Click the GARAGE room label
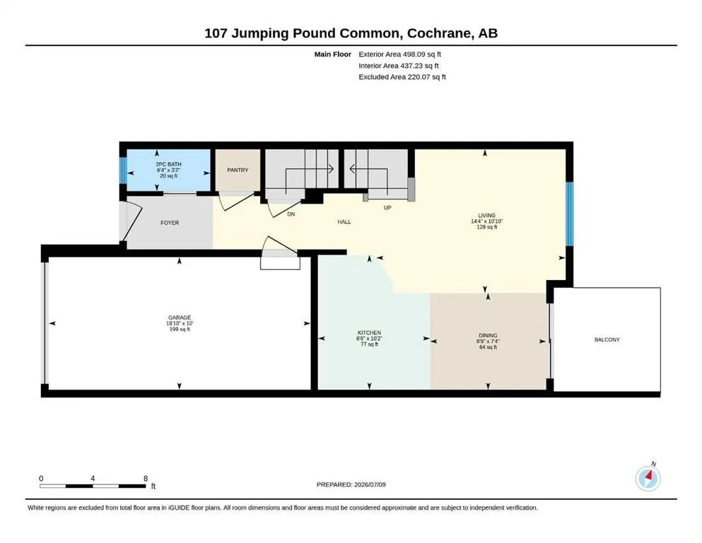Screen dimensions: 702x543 click(x=180, y=317)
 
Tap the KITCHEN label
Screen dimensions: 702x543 click(x=369, y=332)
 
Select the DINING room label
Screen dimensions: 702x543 click(x=488, y=335)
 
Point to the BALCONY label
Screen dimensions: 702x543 click(x=607, y=339)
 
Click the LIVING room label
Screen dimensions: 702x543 click(x=486, y=216)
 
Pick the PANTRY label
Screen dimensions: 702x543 click(x=238, y=170)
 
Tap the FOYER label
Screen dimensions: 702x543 click(x=170, y=223)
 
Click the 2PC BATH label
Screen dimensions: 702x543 click(x=169, y=164)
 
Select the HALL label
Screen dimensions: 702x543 click(x=344, y=221)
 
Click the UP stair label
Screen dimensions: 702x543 click(x=387, y=208)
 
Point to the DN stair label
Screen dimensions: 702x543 click(x=291, y=214)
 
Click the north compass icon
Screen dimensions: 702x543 click(x=648, y=478)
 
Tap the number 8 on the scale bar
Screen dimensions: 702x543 click(x=146, y=478)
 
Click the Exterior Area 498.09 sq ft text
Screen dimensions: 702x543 click(x=400, y=54)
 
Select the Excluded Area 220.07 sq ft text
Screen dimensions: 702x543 click(x=402, y=76)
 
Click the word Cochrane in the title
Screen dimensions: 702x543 click(x=439, y=33)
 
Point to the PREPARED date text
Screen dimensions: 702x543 click(x=351, y=484)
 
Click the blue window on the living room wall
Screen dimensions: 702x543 click(x=570, y=214)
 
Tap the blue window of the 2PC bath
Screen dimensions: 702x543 click(x=123, y=170)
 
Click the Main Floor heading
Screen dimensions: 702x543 click(x=333, y=54)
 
